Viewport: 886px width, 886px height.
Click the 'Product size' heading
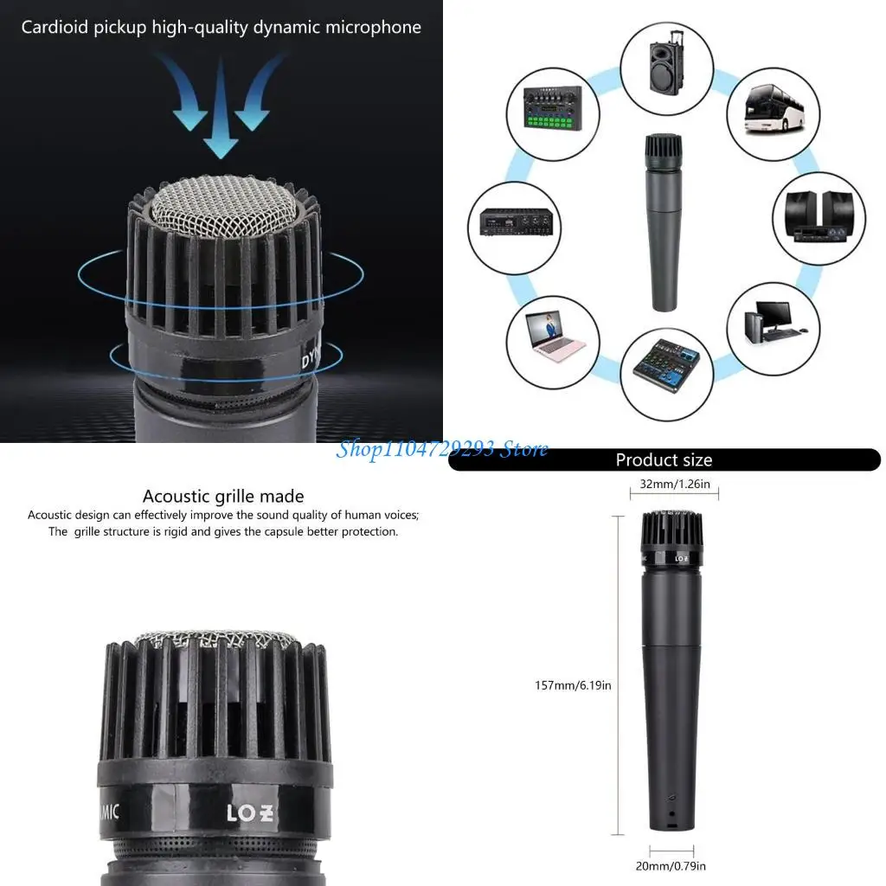[x=664, y=460]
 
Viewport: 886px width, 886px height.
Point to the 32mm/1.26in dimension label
[x=675, y=485]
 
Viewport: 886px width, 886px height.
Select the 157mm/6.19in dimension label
[x=573, y=685]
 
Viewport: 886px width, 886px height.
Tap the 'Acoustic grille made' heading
[x=223, y=497]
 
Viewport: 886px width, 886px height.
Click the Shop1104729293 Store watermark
[x=442, y=448]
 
